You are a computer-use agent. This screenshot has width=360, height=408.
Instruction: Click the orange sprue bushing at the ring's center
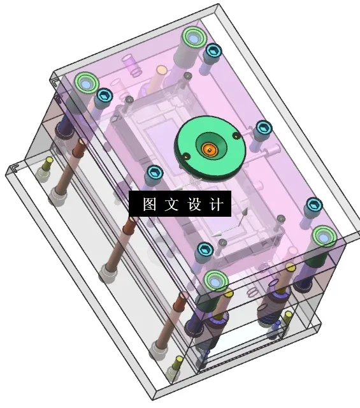tap(209, 149)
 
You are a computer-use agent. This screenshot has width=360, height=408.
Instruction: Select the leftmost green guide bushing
tap(85, 82)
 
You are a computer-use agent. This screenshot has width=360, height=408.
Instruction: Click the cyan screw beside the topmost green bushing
tap(212, 50)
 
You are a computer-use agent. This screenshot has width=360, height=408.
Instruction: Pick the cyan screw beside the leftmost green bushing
tap(104, 96)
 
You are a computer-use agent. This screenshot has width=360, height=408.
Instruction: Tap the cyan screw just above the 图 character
tap(154, 173)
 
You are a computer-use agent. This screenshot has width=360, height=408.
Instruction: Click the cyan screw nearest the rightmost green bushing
tap(313, 205)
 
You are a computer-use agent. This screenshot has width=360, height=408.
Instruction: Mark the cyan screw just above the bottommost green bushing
tap(204, 249)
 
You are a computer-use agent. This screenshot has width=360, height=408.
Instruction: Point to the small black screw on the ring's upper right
tap(237, 135)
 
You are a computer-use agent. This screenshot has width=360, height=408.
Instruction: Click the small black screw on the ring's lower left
tap(185, 157)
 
